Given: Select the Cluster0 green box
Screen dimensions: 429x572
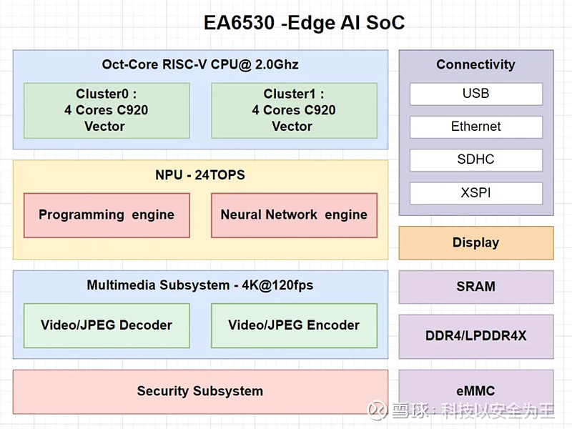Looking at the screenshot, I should point(107,110).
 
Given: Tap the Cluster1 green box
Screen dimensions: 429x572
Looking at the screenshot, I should point(294,110).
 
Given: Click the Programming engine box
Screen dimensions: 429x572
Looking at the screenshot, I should point(107,214).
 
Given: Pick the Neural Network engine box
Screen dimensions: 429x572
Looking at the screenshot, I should point(294,214).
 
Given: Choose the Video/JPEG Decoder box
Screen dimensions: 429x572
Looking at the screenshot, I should point(107,325).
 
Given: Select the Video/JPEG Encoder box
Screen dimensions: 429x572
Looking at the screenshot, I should point(294,325).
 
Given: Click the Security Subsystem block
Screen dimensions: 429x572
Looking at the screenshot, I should point(200,391).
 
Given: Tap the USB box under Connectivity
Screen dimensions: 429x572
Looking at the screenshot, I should point(475,94).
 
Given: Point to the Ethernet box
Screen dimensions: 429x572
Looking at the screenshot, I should point(475,127).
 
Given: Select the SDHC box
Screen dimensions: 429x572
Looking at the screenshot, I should point(475,159).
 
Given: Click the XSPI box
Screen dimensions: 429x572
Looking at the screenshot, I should point(475,193).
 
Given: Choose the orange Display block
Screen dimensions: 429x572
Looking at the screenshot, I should point(475,243).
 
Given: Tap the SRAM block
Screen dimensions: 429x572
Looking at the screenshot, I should point(475,287).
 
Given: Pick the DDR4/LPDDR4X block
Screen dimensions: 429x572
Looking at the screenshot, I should point(475,336).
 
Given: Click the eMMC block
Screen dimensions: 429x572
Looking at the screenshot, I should point(475,391).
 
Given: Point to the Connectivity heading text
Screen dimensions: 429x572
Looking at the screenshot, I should point(475,64).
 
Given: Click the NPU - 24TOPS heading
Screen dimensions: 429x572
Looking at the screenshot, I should point(200,175).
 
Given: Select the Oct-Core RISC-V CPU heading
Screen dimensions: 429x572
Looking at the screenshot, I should point(200,64).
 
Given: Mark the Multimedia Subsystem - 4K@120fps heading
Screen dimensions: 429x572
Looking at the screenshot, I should point(200,285).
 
